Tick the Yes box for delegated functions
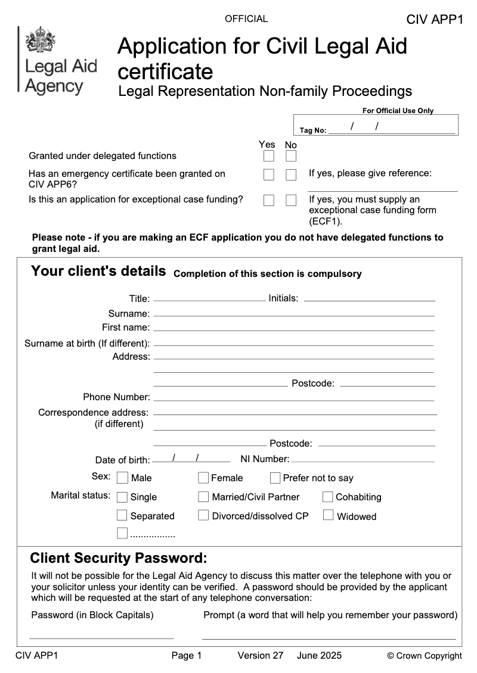(269, 156)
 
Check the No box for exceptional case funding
(291, 200)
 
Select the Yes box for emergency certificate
(269, 175)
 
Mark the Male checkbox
(123, 478)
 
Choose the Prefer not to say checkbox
(275, 478)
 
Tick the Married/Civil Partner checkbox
(203, 497)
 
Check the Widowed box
(328, 515)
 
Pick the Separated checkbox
(122, 515)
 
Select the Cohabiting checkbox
(328, 497)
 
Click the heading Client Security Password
(119, 559)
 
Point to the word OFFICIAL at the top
(246, 19)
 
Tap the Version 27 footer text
(260, 656)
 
